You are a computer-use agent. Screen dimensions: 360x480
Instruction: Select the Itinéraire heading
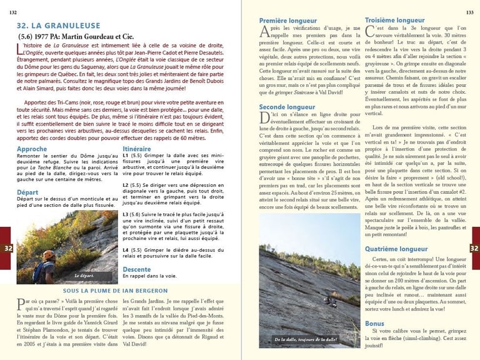pos(136,149)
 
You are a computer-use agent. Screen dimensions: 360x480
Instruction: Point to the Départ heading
pos(27,192)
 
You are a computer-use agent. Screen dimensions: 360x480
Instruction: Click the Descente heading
pos(136,269)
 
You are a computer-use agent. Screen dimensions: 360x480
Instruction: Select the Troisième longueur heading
pos(394,20)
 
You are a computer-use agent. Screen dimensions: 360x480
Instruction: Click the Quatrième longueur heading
pos(396,248)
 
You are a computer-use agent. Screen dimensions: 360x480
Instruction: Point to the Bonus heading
pos(374,323)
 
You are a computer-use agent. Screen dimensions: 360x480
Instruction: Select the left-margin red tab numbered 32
pos(8,248)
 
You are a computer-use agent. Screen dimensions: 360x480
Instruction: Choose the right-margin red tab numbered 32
pos(473,248)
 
